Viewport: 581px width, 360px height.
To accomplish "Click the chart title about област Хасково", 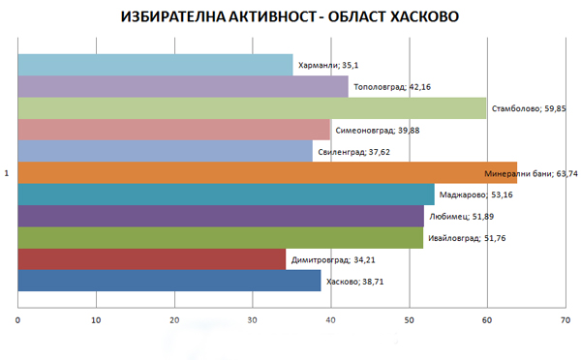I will point(290,17).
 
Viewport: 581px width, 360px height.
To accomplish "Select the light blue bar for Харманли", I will point(155,65).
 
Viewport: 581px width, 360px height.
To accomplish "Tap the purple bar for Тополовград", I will point(184,86).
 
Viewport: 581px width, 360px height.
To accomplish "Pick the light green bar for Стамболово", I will point(252,108).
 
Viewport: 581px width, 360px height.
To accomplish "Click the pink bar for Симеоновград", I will point(174,130).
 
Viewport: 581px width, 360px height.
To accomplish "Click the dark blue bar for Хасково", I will point(169,281).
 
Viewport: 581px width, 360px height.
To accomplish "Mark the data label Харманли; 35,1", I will point(328,66).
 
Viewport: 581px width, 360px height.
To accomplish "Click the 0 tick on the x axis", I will point(18,317).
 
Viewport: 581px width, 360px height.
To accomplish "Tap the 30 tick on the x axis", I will point(253,317).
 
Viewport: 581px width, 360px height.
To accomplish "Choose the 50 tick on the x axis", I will point(409,317).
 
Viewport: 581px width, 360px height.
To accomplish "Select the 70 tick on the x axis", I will point(565,317).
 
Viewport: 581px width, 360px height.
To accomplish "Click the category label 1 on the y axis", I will point(8,173).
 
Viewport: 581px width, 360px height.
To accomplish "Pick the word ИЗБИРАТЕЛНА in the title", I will point(183,17).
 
